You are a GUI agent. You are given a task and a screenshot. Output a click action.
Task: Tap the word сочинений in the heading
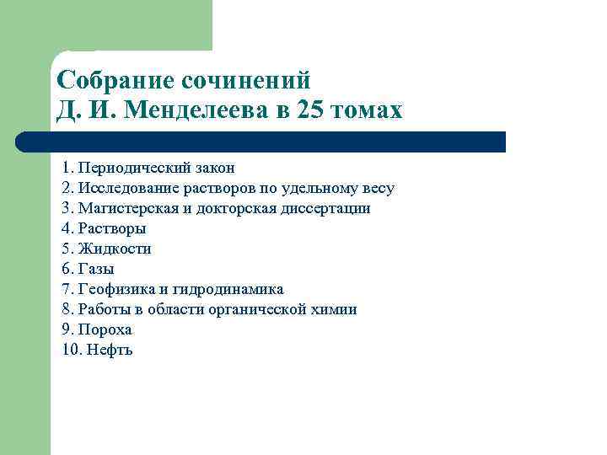pyautogui.click(x=246, y=81)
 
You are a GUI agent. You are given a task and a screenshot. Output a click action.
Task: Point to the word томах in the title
pyautogui.click(x=368, y=111)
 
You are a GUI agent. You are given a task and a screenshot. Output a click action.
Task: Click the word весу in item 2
pyautogui.click(x=377, y=188)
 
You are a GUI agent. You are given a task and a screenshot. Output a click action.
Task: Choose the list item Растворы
pyautogui.click(x=112, y=228)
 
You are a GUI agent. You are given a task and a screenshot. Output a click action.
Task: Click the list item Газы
pyautogui.click(x=96, y=269)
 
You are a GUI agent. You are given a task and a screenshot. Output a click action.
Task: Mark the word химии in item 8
pyautogui.click(x=336, y=309)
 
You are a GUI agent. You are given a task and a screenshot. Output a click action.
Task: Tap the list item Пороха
pyautogui.click(x=105, y=329)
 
